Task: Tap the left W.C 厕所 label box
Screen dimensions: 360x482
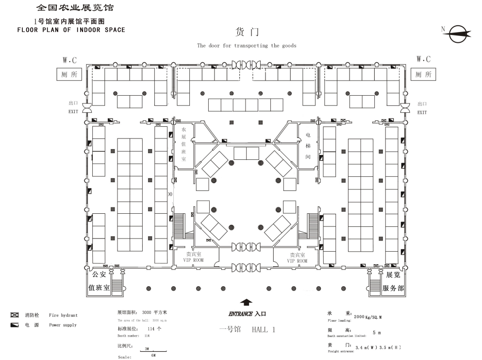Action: click(67, 74)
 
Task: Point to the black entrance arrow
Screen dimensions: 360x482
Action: click(247, 302)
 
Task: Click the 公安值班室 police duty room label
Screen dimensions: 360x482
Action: click(99, 281)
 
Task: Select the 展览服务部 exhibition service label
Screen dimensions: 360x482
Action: click(393, 281)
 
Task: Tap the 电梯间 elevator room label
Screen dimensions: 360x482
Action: click(308, 145)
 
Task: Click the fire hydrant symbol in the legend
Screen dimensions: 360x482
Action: click(15, 315)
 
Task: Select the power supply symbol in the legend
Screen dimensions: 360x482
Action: click(15, 325)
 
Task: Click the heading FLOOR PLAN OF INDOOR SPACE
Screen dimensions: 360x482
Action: click(71, 30)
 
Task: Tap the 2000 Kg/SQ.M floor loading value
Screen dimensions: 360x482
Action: click(367, 317)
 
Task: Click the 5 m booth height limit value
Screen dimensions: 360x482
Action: click(376, 333)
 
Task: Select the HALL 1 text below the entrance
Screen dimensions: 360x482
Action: click(263, 329)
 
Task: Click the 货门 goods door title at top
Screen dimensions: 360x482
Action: click(247, 33)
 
